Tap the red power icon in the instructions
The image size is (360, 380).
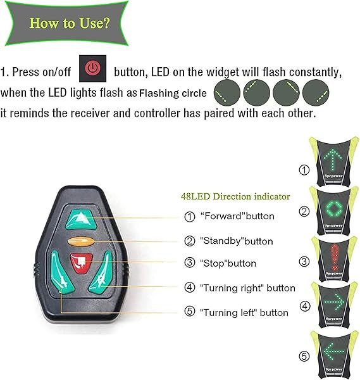93,68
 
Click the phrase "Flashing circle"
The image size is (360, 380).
173,94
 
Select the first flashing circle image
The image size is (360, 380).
227,92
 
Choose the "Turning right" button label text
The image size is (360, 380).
247,288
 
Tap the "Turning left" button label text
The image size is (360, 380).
244,312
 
